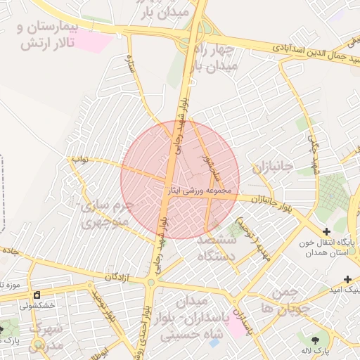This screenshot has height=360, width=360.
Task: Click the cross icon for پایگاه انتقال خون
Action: [x=326, y=231]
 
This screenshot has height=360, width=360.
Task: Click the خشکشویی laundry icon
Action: [x=37, y=295]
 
